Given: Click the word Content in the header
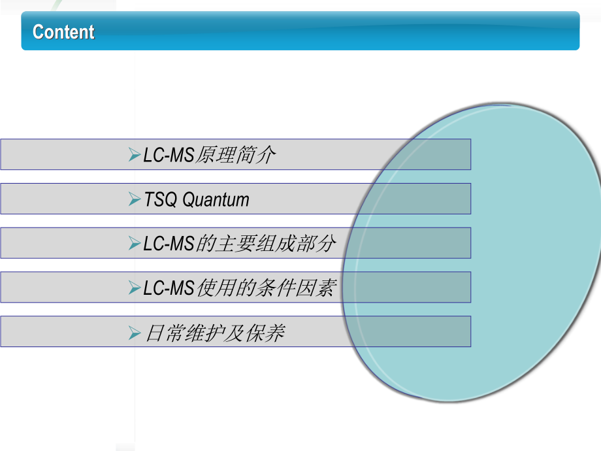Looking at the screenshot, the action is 63,31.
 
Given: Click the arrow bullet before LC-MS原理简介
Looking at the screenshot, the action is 135,154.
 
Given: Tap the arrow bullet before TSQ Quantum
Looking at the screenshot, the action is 135,199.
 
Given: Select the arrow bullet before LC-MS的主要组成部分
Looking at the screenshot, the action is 135,243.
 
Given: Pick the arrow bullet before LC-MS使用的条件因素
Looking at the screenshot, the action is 135,288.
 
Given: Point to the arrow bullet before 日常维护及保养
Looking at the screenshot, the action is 135,333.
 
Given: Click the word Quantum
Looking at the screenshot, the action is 216,200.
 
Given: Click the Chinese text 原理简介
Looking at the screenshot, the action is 236,155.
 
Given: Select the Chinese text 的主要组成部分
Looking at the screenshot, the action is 266,244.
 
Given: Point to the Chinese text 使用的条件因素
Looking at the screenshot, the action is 267,288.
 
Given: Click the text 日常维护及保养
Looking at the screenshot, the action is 216,333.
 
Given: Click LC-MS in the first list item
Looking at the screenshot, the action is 169,156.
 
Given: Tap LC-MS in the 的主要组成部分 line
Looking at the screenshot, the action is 169,244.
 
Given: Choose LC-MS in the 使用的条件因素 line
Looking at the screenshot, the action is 169,288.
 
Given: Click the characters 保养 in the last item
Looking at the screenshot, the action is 266,333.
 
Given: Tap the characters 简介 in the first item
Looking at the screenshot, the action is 255,155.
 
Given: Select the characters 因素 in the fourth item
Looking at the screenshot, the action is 317,288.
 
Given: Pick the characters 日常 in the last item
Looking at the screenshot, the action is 165,333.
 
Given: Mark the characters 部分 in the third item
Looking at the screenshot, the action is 316,244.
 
